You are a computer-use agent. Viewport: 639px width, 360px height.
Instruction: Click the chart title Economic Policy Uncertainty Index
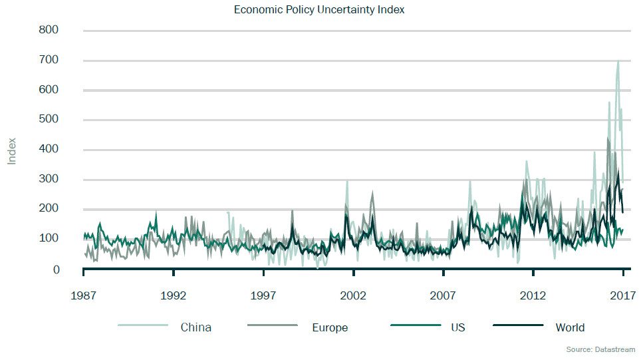coord(319,10)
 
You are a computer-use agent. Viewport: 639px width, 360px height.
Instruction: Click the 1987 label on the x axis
coord(83,295)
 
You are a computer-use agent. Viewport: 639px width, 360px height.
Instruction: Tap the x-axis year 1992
coord(173,295)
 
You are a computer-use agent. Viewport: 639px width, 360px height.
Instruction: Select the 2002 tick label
coord(353,295)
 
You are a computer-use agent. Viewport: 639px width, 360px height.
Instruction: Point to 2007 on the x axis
coord(443,295)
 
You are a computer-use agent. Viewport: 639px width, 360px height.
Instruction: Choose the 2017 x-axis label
coord(622,295)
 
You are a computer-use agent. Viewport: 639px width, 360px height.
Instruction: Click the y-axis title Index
coord(12,151)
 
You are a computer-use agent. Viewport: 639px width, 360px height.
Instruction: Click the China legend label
coord(195,327)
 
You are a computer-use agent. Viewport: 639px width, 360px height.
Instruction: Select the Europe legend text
coord(330,327)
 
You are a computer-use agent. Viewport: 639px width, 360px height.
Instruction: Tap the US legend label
coord(457,327)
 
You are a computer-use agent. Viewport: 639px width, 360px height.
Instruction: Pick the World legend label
coord(570,327)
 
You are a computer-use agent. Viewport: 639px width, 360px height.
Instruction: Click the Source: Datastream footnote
coord(600,349)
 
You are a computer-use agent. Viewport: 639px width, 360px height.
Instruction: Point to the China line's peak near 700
coord(618,61)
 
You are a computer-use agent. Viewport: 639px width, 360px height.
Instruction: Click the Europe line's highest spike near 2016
coord(608,138)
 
